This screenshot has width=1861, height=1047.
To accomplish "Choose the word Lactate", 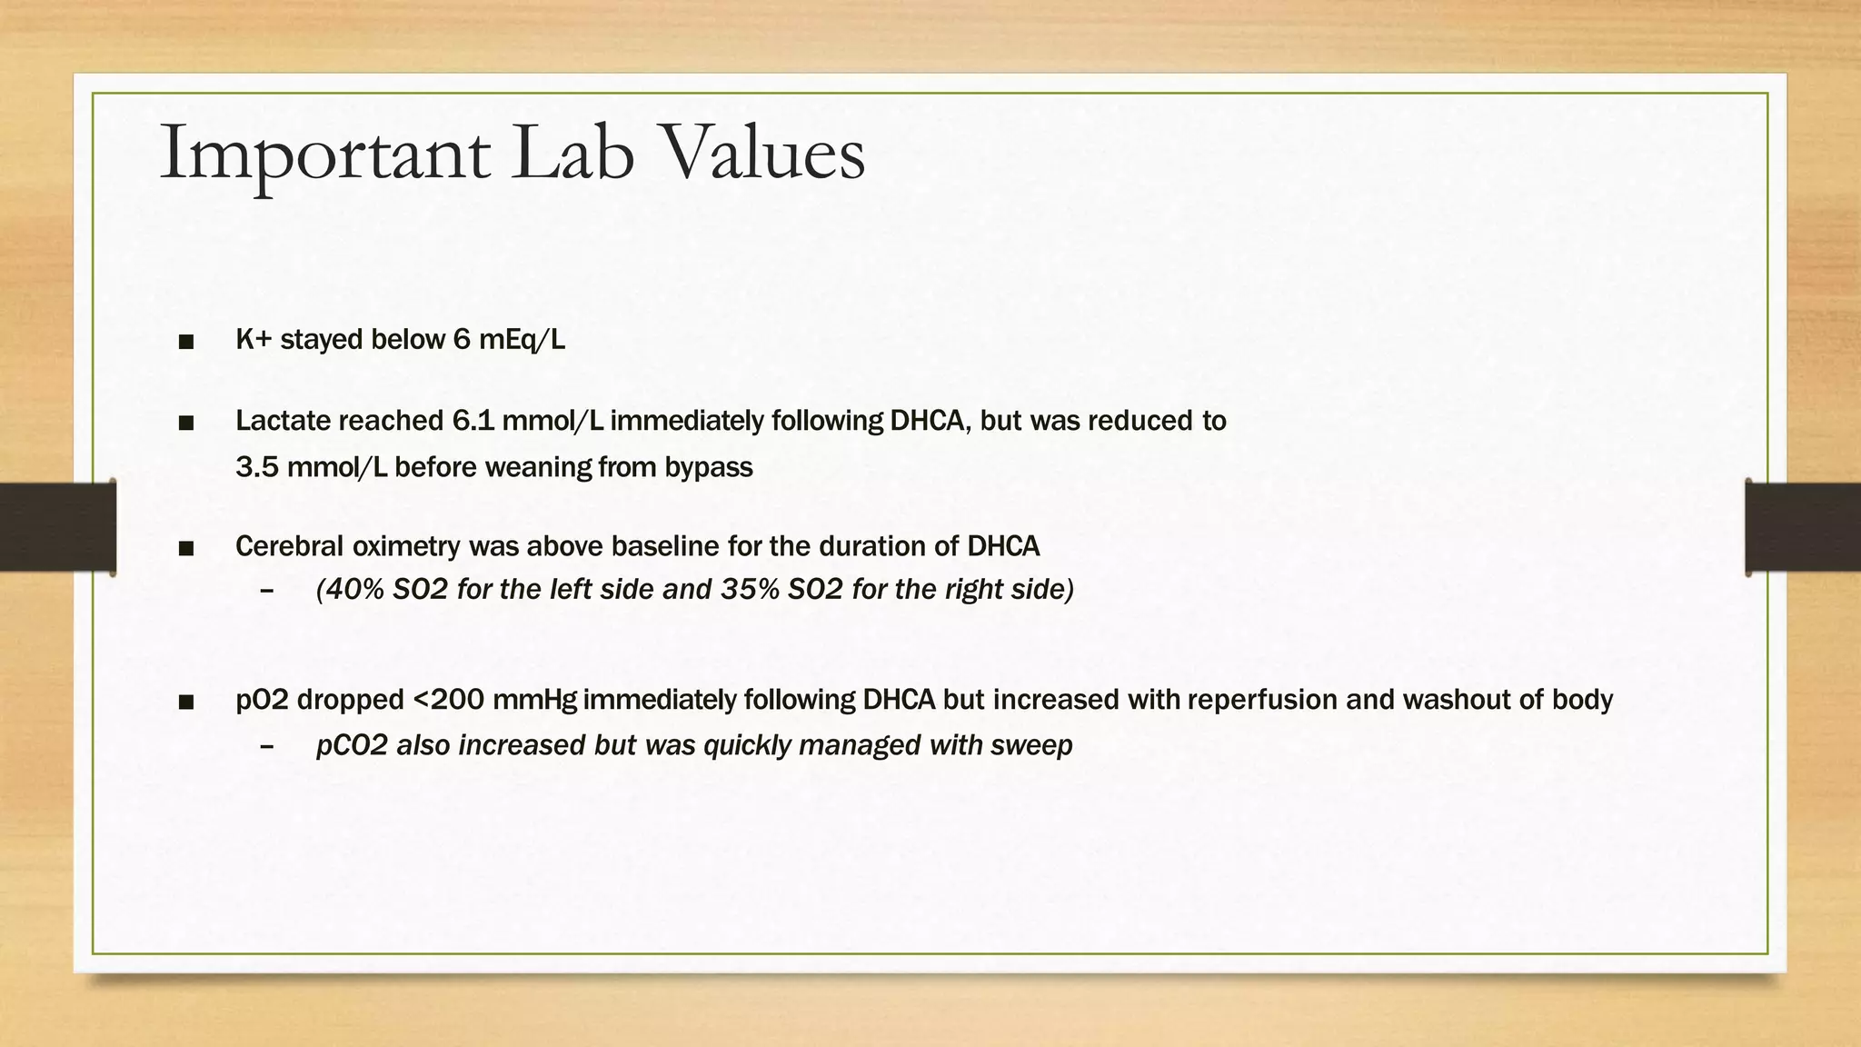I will point(283,421).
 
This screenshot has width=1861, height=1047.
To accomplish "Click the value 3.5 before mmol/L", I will point(257,467).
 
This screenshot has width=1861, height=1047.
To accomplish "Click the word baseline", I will point(663,546).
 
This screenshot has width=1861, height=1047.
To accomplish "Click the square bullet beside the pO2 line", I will point(187,701).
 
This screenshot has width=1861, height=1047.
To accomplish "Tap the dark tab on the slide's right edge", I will point(1803,527).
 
